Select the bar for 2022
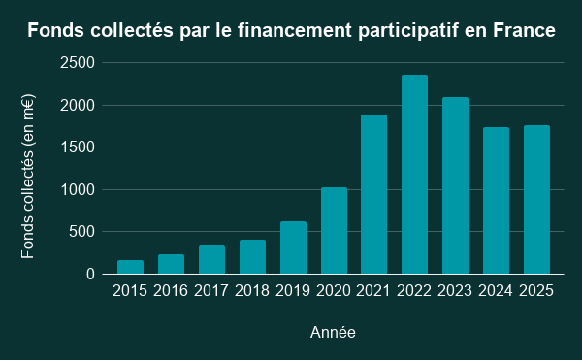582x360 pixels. coord(414,175)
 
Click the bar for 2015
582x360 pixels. coord(130,267)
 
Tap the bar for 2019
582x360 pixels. coord(293,247)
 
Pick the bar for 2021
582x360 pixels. coord(373,194)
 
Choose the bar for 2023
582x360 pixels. coord(455,185)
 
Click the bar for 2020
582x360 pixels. coord(334,231)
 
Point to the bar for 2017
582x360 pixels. coord(211,260)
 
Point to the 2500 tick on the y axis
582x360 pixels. coord(79,63)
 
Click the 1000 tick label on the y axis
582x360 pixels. coord(79,190)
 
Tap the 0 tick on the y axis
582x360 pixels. coord(90,275)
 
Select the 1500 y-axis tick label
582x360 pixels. coord(79,147)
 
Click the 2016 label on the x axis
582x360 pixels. coord(171,290)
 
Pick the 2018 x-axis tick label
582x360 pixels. coord(252,290)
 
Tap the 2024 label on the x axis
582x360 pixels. coord(496,290)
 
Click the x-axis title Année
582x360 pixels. coord(332,333)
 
